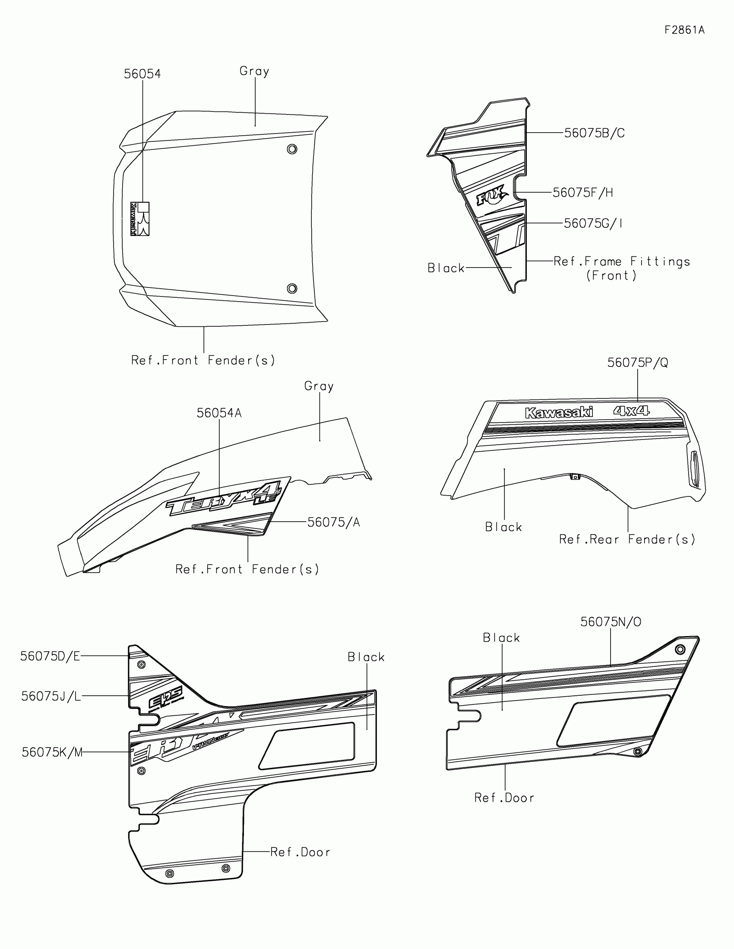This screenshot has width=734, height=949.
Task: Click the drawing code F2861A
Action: pyautogui.click(x=684, y=30)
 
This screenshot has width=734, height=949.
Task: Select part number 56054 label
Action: pyautogui.click(x=142, y=74)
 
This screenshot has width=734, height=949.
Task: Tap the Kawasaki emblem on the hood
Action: pyautogui.click(x=140, y=219)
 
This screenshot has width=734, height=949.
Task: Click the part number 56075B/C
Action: pyautogui.click(x=594, y=133)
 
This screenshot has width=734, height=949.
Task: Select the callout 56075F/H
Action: pyautogui.click(x=582, y=192)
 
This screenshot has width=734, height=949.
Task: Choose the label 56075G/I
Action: pyautogui.click(x=593, y=223)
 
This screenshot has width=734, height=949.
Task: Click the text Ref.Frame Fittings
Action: pyautogui.click(x=622, y=261)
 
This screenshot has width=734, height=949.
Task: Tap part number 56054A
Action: pyautogui.click(x=219, y=413)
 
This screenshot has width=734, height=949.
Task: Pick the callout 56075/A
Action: pyautogui.click(x=333, y=522)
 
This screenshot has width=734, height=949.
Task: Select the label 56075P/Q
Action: pyautogui.click(x=637, y=363)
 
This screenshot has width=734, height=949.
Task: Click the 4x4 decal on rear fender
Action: pyautogui.click(x=631, y=411)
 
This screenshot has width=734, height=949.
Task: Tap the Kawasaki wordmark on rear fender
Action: pyautogui.click(x=559, y=413)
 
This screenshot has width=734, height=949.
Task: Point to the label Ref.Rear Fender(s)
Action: pyautogui.click(x=627, y=539)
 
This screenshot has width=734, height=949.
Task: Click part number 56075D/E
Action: pyautogui.click(x=51, y=656)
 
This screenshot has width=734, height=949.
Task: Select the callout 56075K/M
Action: pyautogui.click(x=52, y=752)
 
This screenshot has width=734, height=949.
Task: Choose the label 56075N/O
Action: pyautogui.click(x=610, y=622)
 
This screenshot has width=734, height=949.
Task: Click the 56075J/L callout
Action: pyautogui.click(x=51, y=696)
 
